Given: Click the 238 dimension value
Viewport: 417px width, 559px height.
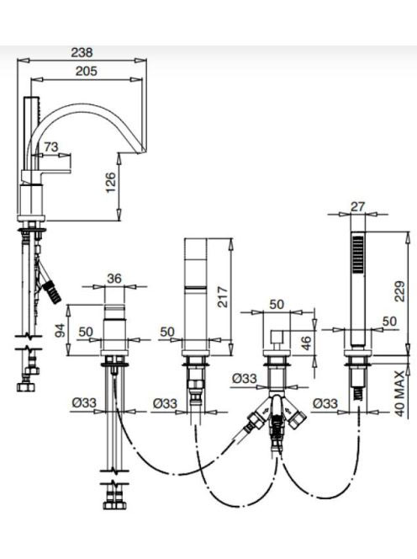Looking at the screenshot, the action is [82, 52].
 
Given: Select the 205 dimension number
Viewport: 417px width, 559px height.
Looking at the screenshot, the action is [87, 71].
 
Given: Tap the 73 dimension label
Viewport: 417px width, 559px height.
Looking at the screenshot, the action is [51, 146].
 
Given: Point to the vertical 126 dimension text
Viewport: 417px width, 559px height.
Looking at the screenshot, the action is [111, 183].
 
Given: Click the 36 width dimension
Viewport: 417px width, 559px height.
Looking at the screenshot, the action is [114, 278].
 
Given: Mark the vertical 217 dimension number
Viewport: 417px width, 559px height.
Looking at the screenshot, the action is [222, 296].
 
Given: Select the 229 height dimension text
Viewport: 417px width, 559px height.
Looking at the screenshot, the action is [400, 291].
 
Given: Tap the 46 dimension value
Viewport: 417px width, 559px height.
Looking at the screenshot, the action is [306, 342].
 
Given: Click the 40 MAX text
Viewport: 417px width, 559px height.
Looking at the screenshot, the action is [400, 393].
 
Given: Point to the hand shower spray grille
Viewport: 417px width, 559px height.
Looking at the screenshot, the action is [357, 253].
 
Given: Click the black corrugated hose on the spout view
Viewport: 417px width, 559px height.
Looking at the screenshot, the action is [52, 291].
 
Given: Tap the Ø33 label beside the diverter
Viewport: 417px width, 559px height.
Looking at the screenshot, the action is [245, 378].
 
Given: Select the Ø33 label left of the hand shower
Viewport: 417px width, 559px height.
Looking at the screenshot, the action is [325, 403].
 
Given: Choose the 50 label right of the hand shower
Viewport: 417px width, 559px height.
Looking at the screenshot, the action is [389, 322].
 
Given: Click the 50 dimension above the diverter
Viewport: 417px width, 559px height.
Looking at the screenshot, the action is [277, 304].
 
